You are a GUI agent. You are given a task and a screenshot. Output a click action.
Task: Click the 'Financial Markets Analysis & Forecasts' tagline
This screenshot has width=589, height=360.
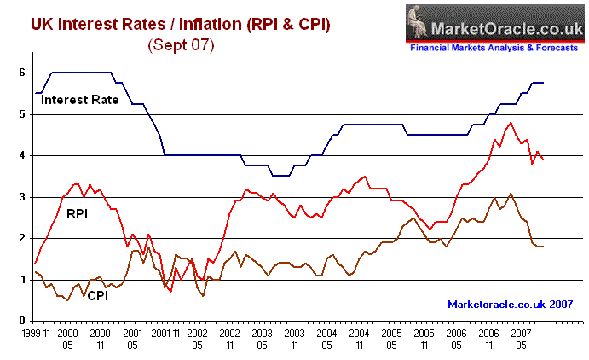(493, 49)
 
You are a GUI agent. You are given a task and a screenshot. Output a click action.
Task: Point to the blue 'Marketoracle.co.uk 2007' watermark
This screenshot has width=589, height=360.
(510, 304)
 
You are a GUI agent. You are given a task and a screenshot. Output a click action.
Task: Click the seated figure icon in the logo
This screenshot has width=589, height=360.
(420, 21)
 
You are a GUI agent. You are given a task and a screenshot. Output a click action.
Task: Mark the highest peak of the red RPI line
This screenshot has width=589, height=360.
(511, 123)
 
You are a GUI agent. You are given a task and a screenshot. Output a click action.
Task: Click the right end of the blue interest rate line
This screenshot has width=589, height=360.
(543, 83)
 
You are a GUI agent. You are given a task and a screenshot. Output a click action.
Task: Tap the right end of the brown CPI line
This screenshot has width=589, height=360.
(543, 246)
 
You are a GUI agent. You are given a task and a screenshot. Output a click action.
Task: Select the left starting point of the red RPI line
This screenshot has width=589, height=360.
(35, 263)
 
